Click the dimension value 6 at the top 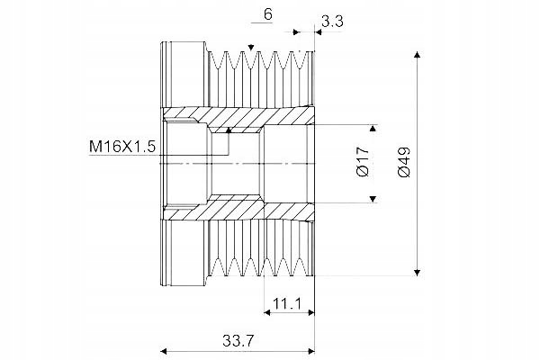269,15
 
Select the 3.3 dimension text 331,21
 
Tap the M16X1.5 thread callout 121,145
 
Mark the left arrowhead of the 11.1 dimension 267,312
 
